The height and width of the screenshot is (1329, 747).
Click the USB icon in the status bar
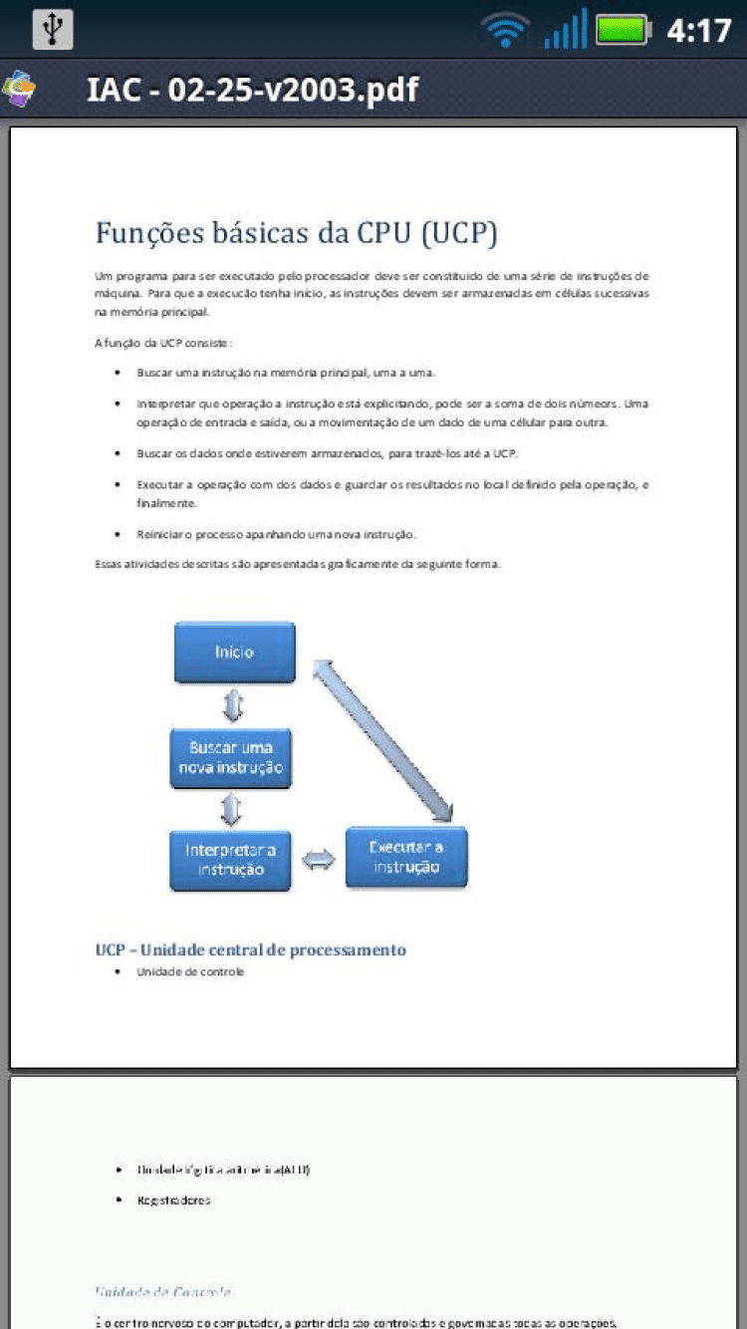[x=52, y=29]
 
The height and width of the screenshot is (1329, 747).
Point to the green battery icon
[x=622, y=30]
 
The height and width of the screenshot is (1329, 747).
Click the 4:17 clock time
[x=698, y=31]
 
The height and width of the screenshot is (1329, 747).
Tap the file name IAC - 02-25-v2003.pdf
[x=252, y=90]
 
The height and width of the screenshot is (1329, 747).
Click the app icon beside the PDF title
[x=20, y=90]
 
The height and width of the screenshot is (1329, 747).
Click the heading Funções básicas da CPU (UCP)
[x=296, y=233]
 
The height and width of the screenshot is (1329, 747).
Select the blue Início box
[x=235, y=653]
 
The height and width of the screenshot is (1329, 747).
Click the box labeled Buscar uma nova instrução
[x=231, y=757]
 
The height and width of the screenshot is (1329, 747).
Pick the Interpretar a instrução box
[x=230, y=860]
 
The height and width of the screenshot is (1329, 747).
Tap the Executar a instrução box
[x=406, y=858]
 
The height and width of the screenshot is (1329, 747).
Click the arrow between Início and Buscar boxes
[x=232, y=705]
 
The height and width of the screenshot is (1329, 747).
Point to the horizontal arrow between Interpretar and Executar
[x=319, y=860]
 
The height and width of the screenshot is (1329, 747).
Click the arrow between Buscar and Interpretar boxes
[x=232, y=809]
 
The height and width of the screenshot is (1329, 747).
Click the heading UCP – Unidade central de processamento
[x=251, y=949]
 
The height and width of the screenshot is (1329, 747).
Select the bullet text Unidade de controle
[x=190, y=971]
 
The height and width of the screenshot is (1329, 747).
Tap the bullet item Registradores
[x=174, y=1200]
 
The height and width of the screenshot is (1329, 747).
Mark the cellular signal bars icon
[x=565, y=30]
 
